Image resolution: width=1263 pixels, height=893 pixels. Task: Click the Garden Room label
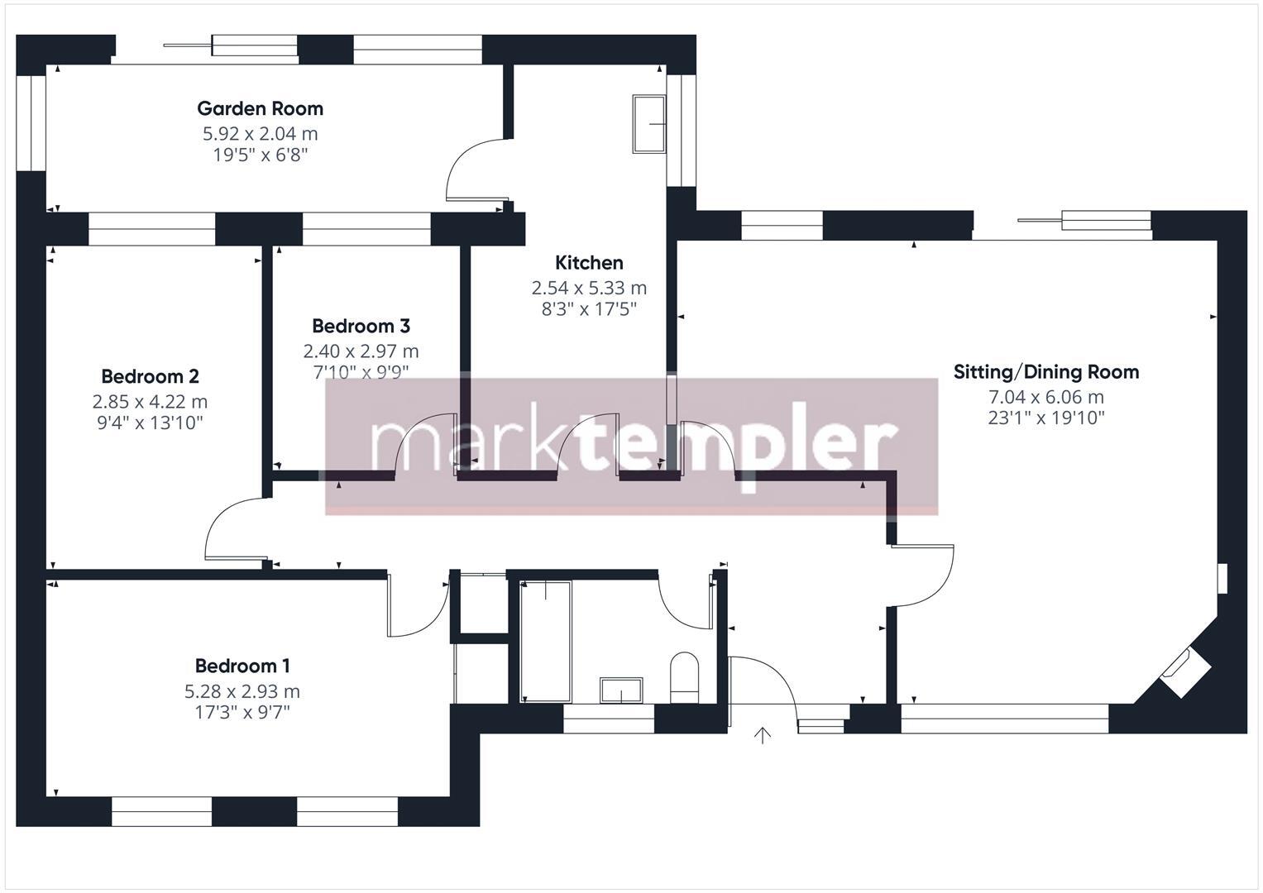click(x=260, y=108)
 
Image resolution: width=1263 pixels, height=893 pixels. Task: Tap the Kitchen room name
click(x=589, y=263)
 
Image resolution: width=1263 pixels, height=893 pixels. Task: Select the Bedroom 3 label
click(x=361, y=326)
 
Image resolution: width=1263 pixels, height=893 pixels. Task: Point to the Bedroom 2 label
click(x=150, y=376)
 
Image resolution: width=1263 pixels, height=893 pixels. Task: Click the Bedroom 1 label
click(x=242, y=666)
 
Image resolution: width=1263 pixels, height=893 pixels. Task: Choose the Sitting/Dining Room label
click(x=1045, y=372)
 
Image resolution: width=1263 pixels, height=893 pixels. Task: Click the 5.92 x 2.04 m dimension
click(x=260, y=133)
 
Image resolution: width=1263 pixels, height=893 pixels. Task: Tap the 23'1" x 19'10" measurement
click(x=1045, y=418)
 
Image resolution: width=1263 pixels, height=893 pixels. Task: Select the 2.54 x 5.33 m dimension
click(x=589, y=288)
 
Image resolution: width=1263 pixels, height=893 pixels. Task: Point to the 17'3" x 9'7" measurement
click(x=242, y=712)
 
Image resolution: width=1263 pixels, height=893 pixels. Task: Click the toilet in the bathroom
click(x=684, y=675)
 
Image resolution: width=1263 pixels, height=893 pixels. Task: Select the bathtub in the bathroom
click(x=545, y=641)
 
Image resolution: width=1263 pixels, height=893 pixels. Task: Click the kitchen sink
click(x=649, y=124)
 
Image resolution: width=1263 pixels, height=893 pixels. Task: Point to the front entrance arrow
click(x=763, y=735)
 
